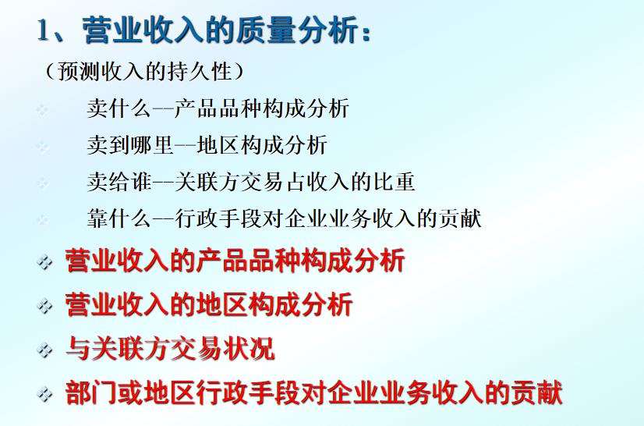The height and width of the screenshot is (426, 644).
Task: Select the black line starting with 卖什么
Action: (218, 108)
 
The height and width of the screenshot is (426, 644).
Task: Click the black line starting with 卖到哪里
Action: (207, 144)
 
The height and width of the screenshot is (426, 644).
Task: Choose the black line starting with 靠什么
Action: (284, 218)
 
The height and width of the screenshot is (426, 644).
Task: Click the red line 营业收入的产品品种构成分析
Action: (235, 260)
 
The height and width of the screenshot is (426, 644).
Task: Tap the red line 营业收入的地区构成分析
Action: (208, 304)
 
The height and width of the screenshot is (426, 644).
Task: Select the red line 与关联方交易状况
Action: (169, 348)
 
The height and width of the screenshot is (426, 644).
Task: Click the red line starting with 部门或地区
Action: (313, 392)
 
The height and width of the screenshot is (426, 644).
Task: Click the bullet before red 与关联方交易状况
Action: (44, 350)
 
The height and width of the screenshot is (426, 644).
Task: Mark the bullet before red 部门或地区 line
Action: (44, 394)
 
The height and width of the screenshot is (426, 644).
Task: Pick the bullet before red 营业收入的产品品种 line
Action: (44, 261)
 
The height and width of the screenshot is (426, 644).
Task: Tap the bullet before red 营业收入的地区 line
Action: (44, 305)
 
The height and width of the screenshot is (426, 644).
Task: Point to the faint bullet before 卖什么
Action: (43, 110)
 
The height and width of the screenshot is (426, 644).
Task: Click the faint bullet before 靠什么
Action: (43, 220)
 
